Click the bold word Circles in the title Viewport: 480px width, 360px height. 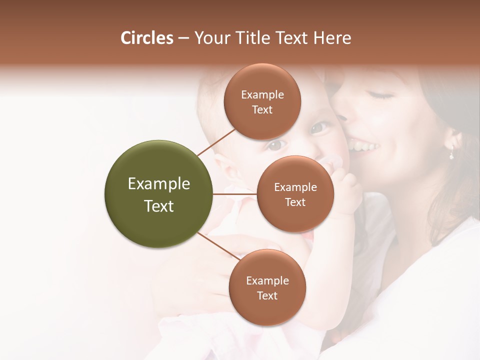[146, 38]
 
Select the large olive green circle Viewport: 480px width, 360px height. [158, 194]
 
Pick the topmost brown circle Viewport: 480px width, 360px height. [262, 101]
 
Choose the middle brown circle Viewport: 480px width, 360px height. [295, 194]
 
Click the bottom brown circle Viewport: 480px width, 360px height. [267, 287]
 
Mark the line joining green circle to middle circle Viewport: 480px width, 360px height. [235, 194]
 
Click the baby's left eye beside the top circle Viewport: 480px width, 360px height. [318, 128]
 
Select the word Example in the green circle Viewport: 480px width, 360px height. [158, 183]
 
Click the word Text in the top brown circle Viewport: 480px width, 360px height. [262, 109]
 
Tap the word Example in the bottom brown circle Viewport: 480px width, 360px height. [267, 280]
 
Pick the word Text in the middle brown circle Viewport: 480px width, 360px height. [295, 202]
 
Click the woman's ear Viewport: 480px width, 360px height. [453, 139]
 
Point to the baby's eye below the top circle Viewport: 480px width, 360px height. [275, 145]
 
